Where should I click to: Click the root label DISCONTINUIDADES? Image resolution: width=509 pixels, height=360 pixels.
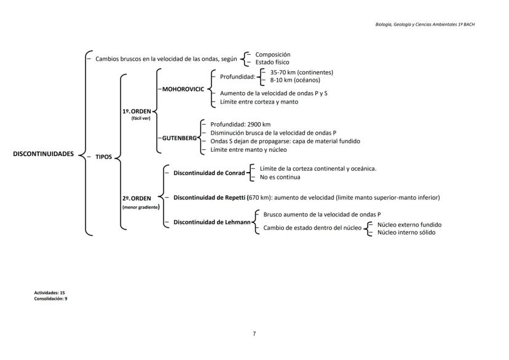click(43, 154)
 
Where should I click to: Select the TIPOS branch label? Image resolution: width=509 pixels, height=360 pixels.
click(103, 157)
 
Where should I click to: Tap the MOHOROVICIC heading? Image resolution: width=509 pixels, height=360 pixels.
click(183, 89)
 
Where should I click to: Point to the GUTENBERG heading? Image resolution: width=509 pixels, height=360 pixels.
click(180, 138)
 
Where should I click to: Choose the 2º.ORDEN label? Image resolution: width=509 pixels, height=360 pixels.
click(136, 198)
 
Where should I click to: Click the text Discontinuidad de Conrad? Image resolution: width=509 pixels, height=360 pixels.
click(209, 173)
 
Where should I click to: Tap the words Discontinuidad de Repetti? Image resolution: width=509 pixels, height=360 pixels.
click(209, 198)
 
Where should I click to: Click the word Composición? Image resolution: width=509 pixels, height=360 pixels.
click(272, 54)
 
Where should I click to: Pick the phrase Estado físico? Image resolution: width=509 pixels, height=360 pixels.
click(272, 62)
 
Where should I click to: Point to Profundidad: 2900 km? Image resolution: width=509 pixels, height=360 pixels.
click(240, 124)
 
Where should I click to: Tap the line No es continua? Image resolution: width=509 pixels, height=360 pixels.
click(280, 177)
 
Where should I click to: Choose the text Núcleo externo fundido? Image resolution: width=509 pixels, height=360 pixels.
click(409, 225)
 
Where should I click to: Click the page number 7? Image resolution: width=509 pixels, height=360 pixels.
click(254, 334)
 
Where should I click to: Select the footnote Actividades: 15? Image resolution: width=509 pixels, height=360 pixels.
click(50, 293)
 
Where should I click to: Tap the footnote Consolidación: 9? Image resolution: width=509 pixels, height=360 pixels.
click(50, 298)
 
